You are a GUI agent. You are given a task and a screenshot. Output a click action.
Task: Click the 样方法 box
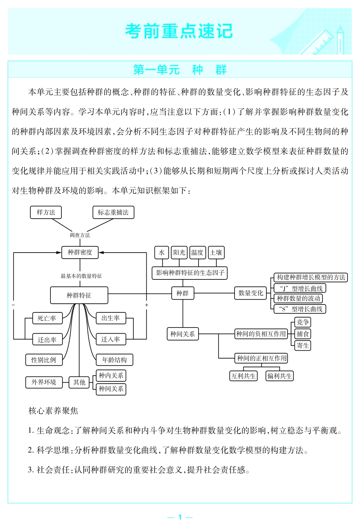(46, 212)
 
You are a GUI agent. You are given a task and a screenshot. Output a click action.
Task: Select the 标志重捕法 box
(113, 212)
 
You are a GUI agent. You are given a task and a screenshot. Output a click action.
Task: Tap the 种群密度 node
(80, 253)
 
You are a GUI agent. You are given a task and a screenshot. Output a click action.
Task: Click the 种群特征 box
(79, 295)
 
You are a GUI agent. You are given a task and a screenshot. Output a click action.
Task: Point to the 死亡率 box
(47, 318)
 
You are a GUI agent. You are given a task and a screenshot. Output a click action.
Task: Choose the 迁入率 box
(111, 339)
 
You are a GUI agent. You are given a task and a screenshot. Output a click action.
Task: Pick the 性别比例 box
(44, 360)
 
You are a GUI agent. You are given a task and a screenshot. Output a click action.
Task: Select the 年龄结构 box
(114, 360)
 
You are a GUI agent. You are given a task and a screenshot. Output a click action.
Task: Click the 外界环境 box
(44, 382)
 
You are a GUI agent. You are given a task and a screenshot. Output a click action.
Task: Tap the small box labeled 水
(162, 253)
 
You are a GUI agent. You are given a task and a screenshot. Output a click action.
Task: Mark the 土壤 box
(216, 253)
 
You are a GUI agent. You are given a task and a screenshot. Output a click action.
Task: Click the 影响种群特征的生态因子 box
(190, 273)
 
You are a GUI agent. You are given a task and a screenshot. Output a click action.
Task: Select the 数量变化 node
(250, 293)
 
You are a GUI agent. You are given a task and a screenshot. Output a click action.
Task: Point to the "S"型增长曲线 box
(300, 309)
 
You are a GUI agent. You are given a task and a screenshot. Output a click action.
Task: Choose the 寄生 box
(303, 345)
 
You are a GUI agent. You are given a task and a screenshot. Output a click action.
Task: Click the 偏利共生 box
(280, 376)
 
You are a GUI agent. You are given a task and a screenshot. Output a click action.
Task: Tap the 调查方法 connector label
(80, 235)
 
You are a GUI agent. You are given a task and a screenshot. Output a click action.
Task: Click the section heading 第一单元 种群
(180, 70)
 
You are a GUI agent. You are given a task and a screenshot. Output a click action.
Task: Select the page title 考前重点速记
(179, 31)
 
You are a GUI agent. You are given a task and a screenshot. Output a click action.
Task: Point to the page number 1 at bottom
(180, 517)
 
